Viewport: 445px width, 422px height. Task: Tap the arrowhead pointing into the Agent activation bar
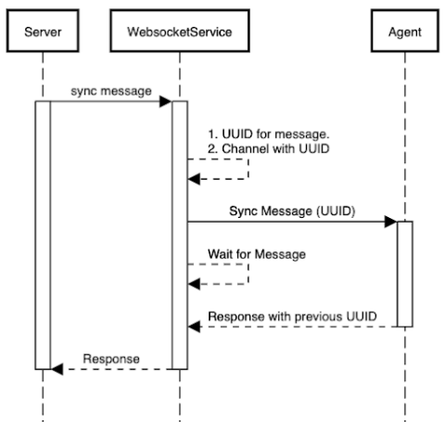pyautogui.click(x=391, y=222)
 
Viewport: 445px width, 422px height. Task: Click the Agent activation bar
pyautogui.click(x=404, y=274)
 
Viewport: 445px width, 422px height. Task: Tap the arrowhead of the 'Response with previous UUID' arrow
pyautogui.click(x=194, y=326)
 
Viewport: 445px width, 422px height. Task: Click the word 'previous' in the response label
pyautogui.click(x=318, y=315)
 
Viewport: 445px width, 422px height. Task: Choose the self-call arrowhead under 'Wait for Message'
pyautogui.click(x=194, y=283)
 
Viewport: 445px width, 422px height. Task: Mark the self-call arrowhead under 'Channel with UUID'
pyautogui.click(x=194, y=178)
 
